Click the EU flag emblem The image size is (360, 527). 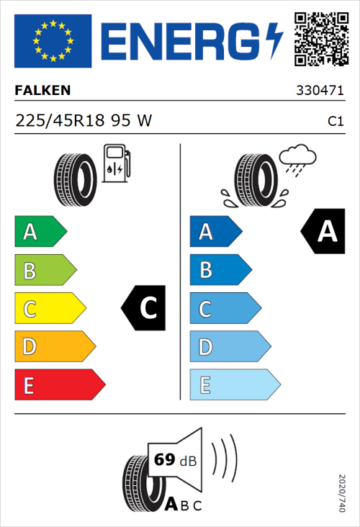click(x=53, y=40)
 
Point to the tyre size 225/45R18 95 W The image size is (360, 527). click(x=84, y=121)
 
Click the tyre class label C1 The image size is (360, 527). click(x=335, y=122)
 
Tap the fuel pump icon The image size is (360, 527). click(x=116, y=163)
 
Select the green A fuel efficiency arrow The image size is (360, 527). click(x=40, y=232)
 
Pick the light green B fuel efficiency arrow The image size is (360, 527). click(x=45, y=271)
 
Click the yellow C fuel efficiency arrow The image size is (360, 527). click(x=50, y=309)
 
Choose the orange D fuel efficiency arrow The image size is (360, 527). click(x=55, y=347)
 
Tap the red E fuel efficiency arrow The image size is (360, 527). click(x=60, y=385)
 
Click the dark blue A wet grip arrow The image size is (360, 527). click(x=215, y=232)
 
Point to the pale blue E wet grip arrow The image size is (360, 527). click(x=234, y=385)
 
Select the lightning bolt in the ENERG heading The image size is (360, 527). click(x=275, y=40)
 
